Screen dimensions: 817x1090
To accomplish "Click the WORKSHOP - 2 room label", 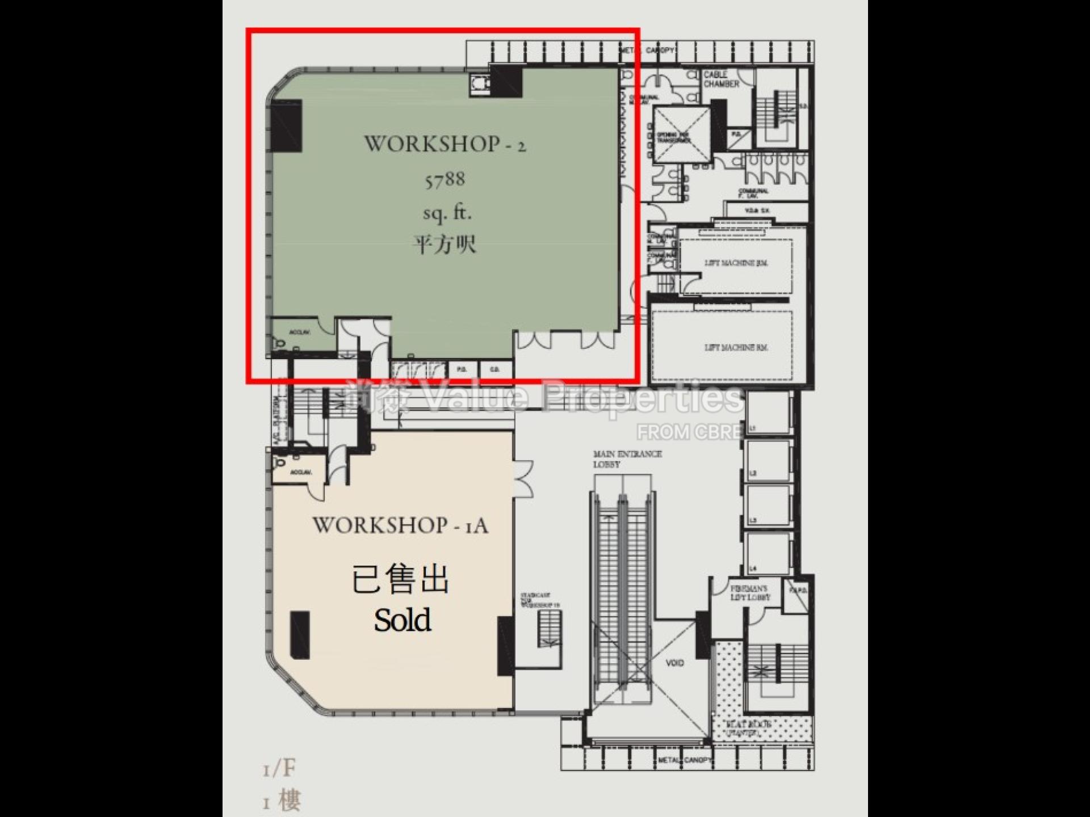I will click(x=445, y=144).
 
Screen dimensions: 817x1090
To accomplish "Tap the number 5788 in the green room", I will click(x=445, y=180).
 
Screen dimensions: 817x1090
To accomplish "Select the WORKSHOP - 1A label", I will click(x=400, y=525).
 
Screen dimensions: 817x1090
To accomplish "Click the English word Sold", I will click(x=402, y=620).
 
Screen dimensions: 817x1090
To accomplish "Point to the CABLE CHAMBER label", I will click(x=722, y=79).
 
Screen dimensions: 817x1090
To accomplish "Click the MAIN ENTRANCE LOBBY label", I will click(x=627, y=459).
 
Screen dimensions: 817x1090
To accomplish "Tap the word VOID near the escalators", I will click(x=674, y=663).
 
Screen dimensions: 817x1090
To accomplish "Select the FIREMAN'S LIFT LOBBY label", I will click(x=750, y=593).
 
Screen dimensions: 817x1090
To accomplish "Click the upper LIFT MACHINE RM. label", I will click(x=736, y=263).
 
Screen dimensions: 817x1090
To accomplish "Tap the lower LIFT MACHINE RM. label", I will click(x=736, y=347).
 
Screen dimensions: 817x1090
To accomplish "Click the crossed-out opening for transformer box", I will click(x=681, y=135).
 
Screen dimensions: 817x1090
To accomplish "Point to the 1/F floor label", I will click(x=279, y=769).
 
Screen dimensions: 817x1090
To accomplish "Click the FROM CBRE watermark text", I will click(x=689, y=432).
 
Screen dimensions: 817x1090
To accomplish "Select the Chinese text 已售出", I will click(x=400, y=580).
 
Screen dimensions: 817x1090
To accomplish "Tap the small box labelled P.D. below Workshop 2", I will click(x=462, y=369).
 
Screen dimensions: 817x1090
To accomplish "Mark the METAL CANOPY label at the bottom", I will click(x=684, y=760).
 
